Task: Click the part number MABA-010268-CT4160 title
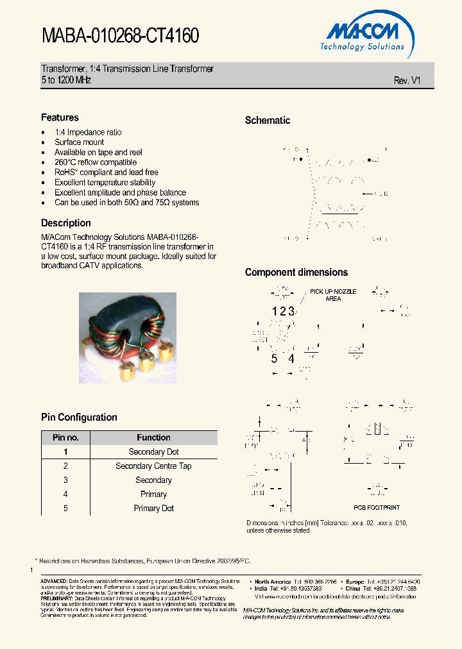tap(120, 36)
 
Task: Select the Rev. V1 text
tap(407, 81)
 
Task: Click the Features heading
tap(60, 117)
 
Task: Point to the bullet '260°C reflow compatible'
tap(96, 162)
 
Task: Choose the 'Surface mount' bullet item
tap(79, 142)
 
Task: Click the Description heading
tap(65, 223)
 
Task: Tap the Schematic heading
tap(268, 121)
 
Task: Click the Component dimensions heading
tap(296, 273)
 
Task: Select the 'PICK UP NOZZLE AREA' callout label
tap(333, 295)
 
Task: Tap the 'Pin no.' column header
tap(65, 437)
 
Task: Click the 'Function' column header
tap(153, 437)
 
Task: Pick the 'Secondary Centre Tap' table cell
tap(153, 466)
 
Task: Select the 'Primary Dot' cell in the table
tap(153, 509)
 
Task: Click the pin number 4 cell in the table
tap(65, 494)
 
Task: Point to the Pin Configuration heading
tap(79, 417)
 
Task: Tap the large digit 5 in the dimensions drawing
tap(274, 358)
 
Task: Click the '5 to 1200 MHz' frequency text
tap(66, 81)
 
